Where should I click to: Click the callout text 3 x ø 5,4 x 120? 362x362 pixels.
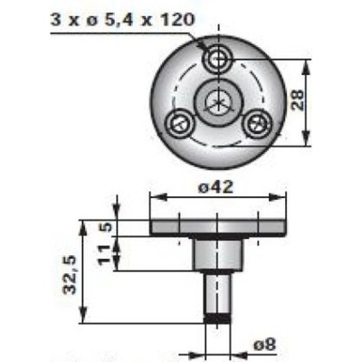click(x=122, y=21)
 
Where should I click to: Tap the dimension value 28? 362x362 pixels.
click(x=298, y=100)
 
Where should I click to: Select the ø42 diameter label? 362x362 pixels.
click(x=215, y=187)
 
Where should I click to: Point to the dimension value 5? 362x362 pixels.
click(x=107, y=227)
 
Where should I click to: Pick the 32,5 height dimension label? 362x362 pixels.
click(x=71, y=275)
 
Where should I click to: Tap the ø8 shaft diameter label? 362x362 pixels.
click(x=264, y=345)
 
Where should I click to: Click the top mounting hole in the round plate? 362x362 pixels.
click(x=217, y=60)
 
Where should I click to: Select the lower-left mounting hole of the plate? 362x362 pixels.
click(x=179, y=124)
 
